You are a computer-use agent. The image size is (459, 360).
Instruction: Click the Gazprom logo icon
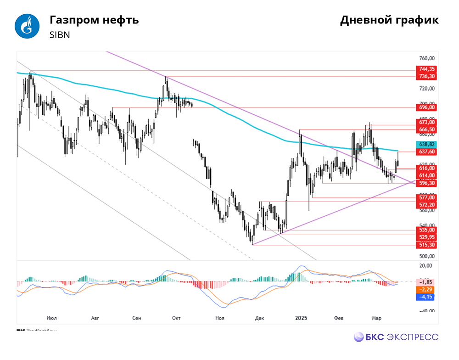click(x=28, y=27)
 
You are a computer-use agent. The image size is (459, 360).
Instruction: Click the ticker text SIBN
click(x=60, y=35)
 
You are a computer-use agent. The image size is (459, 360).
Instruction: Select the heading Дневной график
click(x=389, y=20)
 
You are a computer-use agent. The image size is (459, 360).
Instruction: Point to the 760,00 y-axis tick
click(x=426, y=58)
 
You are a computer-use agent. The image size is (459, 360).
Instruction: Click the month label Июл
click(x=52, y=318)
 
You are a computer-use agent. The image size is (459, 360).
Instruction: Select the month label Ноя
click(x=220, y=318)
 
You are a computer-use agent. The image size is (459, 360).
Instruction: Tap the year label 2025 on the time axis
click(x=302, y=318)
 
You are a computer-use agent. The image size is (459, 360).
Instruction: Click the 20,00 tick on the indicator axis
click(x=426, y=266)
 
